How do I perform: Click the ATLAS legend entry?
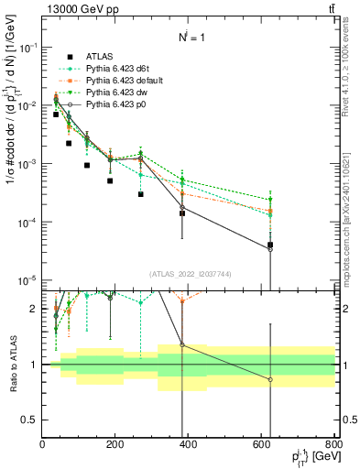(100, 55)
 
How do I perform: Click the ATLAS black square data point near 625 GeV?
(270, 245)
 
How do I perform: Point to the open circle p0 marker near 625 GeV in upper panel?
(270, 250)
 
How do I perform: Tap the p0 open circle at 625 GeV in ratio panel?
(270, 379)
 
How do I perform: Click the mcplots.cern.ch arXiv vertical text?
(346, 211)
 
